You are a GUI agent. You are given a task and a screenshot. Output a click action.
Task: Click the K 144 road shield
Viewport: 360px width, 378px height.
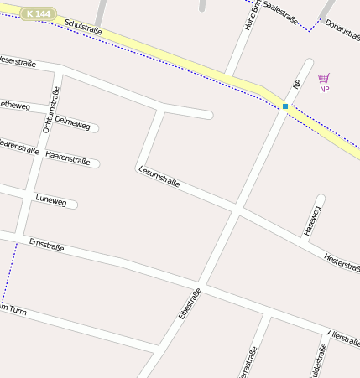click(37, 14)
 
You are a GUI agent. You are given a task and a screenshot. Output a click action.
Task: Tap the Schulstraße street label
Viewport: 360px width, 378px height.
click(83, 29)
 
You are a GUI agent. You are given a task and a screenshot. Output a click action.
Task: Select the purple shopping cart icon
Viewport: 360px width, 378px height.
click(324, 78)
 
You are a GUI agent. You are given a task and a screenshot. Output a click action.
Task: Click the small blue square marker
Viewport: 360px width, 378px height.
click(285, 106)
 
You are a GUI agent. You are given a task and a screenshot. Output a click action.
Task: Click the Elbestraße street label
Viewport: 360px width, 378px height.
click(190, 303)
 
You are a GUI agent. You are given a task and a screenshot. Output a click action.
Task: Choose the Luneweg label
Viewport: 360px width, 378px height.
click(50, 199)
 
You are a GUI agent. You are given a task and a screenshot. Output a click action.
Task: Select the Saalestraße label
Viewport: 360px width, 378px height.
click(280, 12)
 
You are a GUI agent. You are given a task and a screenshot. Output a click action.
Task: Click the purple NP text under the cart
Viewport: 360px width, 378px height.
click(324, 89)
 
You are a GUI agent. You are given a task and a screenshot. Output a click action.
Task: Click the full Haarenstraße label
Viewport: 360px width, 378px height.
click(68, 158)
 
